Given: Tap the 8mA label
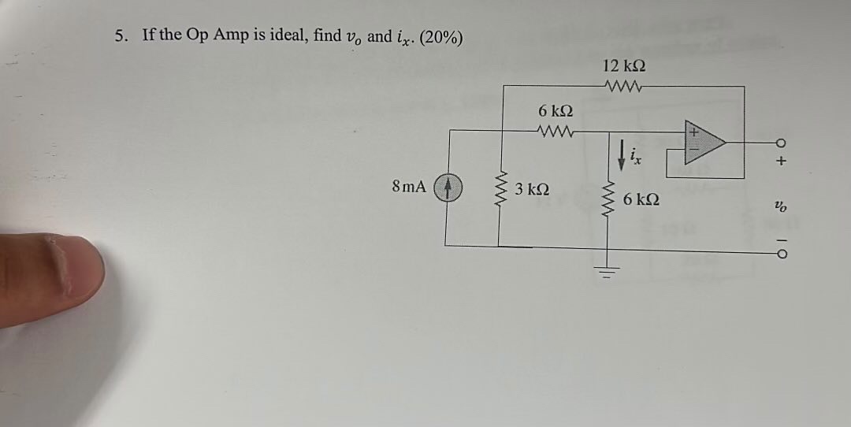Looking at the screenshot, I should point(408,188).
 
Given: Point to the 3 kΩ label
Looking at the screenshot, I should point(533,189).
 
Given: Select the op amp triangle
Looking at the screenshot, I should point(704,143).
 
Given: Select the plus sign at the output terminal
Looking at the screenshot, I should point(780,162).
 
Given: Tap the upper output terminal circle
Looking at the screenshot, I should point(780,143).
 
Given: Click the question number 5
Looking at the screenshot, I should point(120,35).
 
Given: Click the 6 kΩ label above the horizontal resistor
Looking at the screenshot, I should point(556,112).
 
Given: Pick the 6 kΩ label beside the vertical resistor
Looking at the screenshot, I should point(641,200).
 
